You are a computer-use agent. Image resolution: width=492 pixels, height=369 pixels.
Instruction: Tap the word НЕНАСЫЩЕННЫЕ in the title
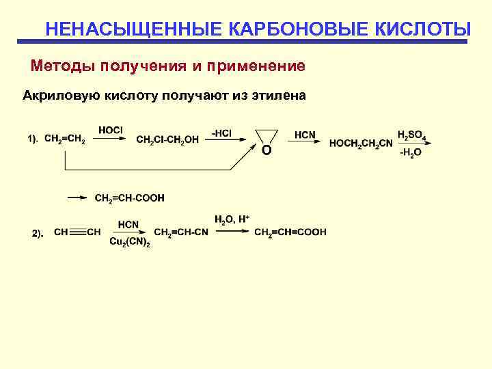click(x=133, y=30)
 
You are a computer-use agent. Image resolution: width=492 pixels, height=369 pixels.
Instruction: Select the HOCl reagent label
click(x=110, y=131)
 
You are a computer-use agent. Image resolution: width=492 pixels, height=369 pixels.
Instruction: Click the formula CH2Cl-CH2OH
click(x=167, y=140)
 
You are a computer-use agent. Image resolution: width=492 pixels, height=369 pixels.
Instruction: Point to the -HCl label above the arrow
click(x=221, y=133)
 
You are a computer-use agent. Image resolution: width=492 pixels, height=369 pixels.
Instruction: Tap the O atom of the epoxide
click(x=266, y=150)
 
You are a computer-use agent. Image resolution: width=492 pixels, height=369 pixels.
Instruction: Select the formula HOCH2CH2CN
click(x=360, y=143)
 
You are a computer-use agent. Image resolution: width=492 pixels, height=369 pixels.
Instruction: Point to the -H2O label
click(x=410, y=152)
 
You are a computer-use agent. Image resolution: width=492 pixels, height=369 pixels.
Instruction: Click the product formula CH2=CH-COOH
click(x=130, y=198)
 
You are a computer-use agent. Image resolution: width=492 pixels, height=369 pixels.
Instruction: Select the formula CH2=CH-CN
click(x=181, y=232)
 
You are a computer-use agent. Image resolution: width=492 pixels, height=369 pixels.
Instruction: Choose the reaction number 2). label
click(x=38, y=234)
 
